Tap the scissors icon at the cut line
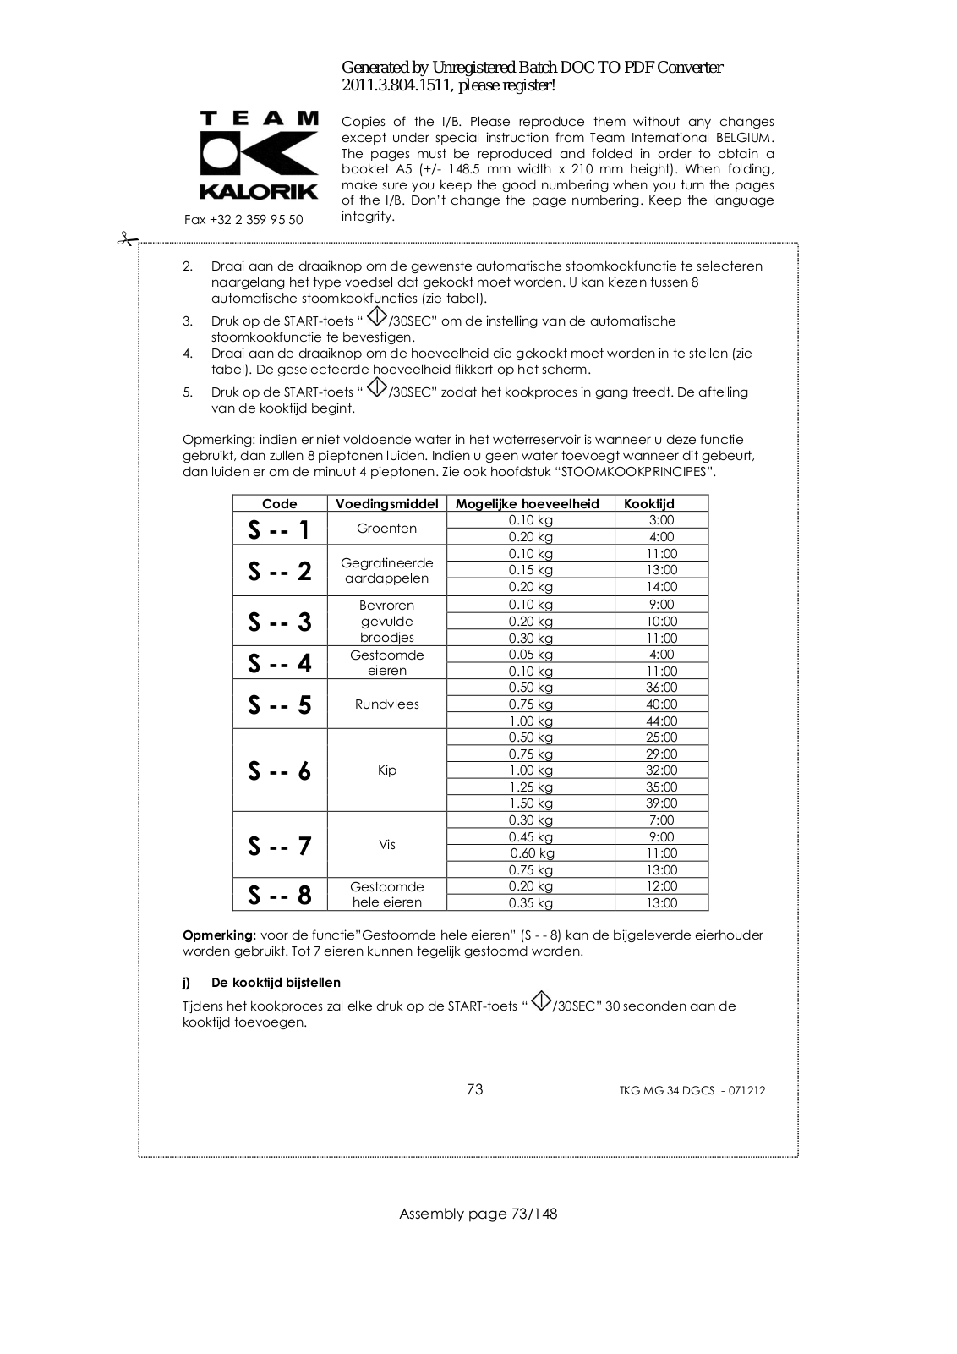pyautogui.click(x=127, y=240)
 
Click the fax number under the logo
pyautogui.click(x=243, y=220)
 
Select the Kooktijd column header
pyautogui.click(x=649, y=504)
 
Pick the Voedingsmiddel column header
pyautogui.click(x=387, y=504)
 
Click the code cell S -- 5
pyautogui.click(x=280, y=704)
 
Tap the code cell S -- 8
pyautogui.click(x=280, y=895)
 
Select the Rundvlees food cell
pyautogui.click(x=387, y=704)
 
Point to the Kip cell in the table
pyautogui.click(x=387, y=770)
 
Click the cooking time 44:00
pyautogui.click(x=661, y=721)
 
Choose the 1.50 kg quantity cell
pyautogui.click(x=531, y=803)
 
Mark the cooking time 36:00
pyautogui.click(x=661, y=688)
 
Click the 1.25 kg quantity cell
pyautogui.click(x=531, y=787)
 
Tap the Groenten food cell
pyautogui.click(x=387, y=529)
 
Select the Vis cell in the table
pyautogui.click(x=387, y=845)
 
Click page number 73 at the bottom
pyautogui.click(x=475, y=1089)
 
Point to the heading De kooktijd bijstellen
pyautogui.click(x=276, y=983)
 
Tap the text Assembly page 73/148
pyautogui.click(x=478, y=1214)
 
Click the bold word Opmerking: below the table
pyautogui.click(x=219, y=935)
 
